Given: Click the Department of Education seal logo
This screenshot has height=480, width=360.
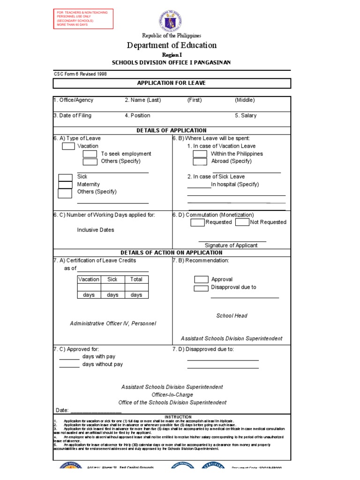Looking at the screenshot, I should coord(170,21).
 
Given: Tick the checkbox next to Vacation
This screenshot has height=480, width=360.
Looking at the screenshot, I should coord(68,146).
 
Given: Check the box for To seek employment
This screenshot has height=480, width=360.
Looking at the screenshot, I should coord(90,154).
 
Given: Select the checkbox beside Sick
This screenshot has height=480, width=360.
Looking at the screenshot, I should coord(65,177).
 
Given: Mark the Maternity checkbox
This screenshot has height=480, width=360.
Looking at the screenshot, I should coord(65,185).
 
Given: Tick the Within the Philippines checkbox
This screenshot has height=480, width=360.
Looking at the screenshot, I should coord(200,154).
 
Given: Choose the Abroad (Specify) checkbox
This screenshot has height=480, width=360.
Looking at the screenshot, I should coord(200,161).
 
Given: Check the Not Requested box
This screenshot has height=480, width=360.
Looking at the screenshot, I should coord(242,222).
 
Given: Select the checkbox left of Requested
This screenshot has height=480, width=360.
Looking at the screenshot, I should coord(197,222).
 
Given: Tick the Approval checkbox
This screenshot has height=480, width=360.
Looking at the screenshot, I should coord(201,279).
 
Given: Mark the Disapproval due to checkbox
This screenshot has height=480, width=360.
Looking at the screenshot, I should coord(201,288).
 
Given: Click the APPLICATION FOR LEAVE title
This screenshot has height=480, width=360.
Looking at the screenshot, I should coord(171,83).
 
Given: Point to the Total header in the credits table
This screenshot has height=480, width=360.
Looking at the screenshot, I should coord(136,279).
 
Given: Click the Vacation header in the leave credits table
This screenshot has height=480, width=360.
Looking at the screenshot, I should coord(89,279).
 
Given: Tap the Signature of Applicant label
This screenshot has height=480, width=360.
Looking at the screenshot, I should coord(231,245).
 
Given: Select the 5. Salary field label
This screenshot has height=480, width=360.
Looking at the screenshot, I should coord(246,115).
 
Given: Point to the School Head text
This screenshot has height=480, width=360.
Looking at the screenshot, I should coord(232,316).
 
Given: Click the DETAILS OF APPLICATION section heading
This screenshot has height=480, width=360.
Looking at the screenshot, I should coord(171,130).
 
